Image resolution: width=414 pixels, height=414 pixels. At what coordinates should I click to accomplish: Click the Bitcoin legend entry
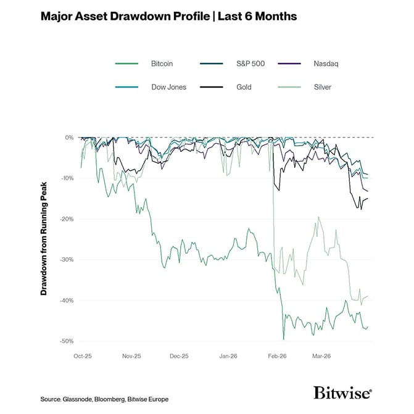(x=162, y=64)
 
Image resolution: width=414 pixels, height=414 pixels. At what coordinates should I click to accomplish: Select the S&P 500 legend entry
(x=250, y=64)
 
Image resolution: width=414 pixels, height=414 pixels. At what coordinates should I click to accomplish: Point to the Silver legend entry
(x=322, y=87)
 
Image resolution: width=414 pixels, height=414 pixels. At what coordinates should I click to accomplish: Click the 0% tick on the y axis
(x=69, y=138)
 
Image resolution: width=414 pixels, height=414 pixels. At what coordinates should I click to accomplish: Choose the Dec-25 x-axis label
(x=179, y=356)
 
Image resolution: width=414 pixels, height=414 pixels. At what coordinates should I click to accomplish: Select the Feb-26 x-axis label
(x=276, y=356)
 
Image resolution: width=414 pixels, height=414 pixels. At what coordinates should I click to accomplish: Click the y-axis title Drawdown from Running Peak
(x=44, y=239)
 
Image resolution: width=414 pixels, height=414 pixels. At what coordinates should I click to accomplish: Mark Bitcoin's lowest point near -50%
(x=283, y=339)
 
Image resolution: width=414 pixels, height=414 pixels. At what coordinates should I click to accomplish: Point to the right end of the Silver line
(x=368, y=296)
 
